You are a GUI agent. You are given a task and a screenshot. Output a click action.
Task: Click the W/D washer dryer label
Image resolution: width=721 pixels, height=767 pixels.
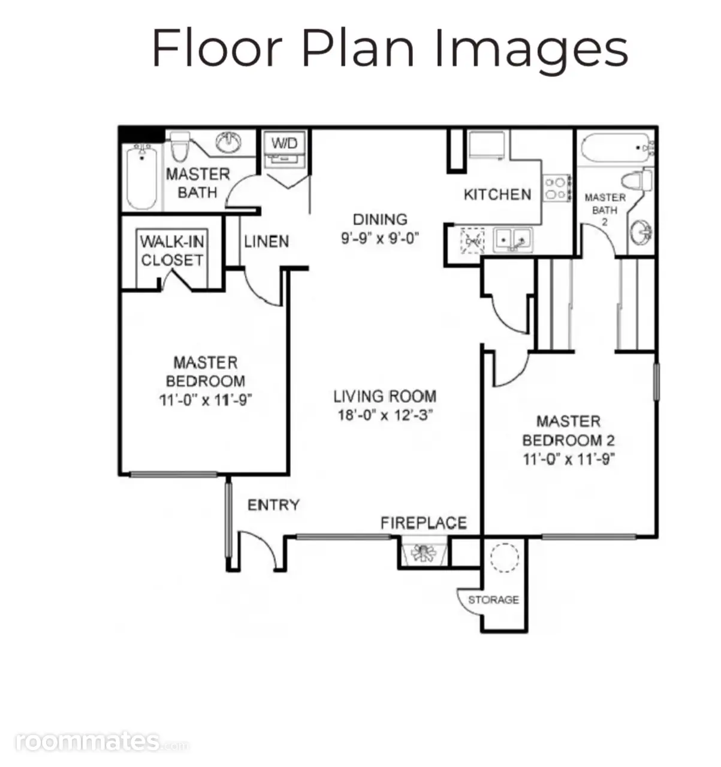point(284,143)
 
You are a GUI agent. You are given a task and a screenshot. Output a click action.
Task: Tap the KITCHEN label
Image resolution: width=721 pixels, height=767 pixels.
point(497,195)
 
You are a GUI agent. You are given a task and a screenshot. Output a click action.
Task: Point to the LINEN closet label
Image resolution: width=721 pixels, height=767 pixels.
point(266,241)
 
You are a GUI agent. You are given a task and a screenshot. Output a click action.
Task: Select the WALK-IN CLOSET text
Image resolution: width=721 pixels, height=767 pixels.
point(172,251)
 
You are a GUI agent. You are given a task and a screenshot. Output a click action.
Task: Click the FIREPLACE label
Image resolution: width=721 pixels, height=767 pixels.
point(424,523)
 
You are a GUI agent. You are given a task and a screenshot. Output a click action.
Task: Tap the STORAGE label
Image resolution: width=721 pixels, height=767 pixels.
point(493,600)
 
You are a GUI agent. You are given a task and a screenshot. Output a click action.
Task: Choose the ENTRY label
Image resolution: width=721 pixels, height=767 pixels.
point(273,505)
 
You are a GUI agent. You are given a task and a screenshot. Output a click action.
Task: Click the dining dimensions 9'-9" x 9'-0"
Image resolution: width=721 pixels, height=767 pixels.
point(380,238)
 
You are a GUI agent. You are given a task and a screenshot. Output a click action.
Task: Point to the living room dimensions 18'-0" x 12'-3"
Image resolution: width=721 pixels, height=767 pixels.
point(385,415)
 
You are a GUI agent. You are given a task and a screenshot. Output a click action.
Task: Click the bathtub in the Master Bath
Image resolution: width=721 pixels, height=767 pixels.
point(142,177)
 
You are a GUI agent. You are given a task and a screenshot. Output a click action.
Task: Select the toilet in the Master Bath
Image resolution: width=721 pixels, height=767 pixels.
point(180,147)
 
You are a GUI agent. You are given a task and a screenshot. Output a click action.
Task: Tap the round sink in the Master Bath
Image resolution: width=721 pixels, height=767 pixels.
point(228,142)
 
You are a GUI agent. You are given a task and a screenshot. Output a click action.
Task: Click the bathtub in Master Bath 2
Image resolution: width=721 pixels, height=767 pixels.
point(617,148)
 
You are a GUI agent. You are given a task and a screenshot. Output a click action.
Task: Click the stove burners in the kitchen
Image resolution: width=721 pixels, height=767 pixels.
point(557,189)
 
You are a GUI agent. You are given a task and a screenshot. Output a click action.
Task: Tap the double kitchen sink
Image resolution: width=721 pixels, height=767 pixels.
point(513,240)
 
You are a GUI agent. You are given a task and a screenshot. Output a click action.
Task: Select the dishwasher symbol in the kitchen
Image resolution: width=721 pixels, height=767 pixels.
point(472,241)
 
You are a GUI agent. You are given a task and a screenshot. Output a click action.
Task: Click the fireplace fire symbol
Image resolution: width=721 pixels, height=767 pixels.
point(423,552)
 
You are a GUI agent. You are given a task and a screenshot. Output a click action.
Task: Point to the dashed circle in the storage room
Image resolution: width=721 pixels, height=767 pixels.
point(504,557)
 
